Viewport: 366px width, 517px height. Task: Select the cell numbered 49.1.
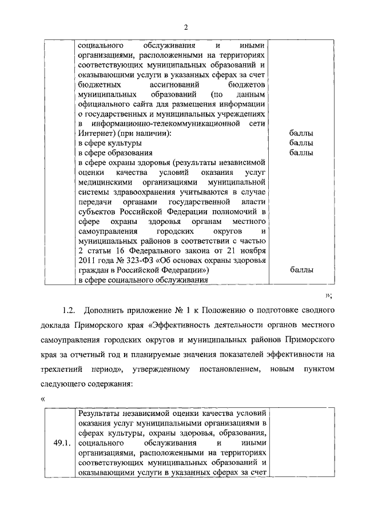[x=60, y=442]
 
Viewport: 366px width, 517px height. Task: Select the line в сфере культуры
[x=110, y=143]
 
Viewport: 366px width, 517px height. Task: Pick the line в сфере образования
[x=115, y=153]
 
